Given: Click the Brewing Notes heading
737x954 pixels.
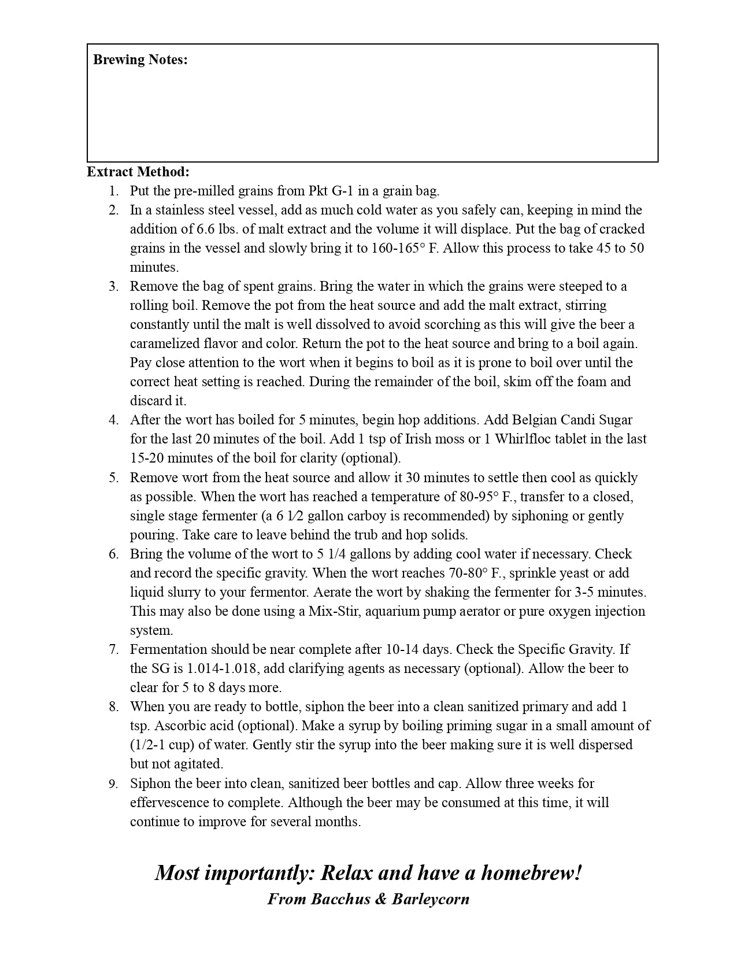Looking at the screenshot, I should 140,60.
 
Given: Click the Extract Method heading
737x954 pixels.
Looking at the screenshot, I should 138,172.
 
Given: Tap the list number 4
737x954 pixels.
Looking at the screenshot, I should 114,420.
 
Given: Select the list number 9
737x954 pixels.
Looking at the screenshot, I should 114,784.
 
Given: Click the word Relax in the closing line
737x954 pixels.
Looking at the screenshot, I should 345,872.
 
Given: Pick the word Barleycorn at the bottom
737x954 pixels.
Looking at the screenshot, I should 430,899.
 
